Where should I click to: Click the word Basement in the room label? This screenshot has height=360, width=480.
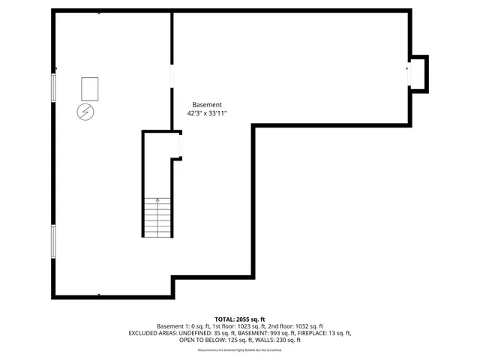207,105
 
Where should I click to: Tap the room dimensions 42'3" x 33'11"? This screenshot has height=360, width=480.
207,113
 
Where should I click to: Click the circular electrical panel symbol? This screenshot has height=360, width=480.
86,112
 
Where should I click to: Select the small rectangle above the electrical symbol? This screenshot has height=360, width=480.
89,88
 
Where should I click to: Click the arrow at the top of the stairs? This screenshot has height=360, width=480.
157,200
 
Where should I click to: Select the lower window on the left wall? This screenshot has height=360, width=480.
52,241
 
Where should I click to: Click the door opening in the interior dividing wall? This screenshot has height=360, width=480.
172,76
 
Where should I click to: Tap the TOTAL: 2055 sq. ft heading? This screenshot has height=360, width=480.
239,319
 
